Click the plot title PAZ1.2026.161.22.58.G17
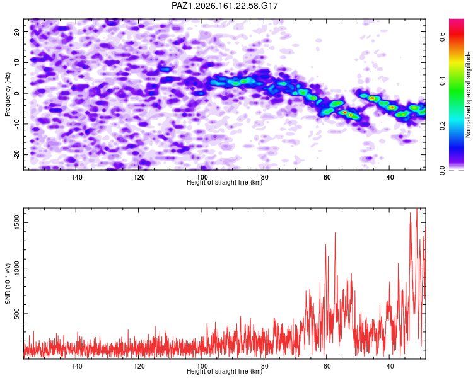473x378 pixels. [225, 6]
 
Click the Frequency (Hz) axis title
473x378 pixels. [8, 94]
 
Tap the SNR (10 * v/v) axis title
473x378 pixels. [8, 283]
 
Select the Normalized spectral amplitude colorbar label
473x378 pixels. [468, 94]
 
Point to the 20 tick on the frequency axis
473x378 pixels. [17, 31]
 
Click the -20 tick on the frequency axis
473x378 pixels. [17, 154]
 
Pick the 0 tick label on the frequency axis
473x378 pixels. [17, 93]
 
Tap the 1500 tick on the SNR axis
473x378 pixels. [17, 223]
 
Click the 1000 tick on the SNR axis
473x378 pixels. [17, 268]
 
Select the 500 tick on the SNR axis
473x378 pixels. [17, 314]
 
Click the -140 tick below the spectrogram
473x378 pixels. [76, 177]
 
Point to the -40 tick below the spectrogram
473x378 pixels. [389, 177]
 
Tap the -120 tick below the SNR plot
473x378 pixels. [138, 366]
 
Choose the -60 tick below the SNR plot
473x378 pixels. [327, 366]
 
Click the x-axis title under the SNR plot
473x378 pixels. [225, 371]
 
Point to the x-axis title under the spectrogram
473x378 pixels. [225, 182]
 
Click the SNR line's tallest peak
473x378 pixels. [417, 209]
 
